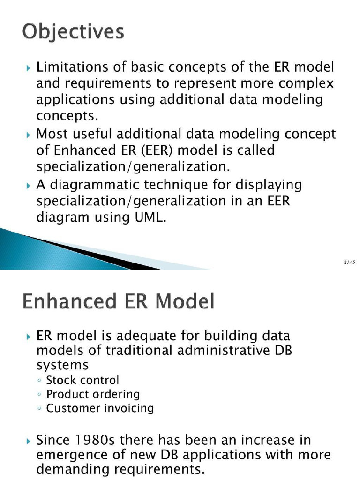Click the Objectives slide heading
[x=73, y=32]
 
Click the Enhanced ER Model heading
[x=118, y=301]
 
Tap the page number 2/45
[x=349, y=262]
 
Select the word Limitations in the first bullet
[x=67, y=67]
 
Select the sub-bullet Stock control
[x=82, y=380]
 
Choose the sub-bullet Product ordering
[x=93, y=394]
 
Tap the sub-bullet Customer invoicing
[x=100, y=408]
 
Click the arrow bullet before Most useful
[x=28, y=135]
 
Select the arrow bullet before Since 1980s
[x=28, y=441]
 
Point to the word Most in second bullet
[x=49, y=134]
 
